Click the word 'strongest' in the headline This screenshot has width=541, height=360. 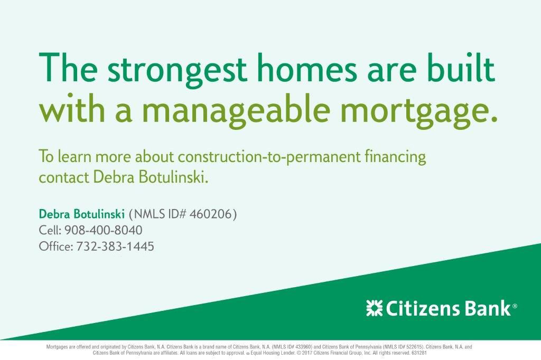tap(177, 71)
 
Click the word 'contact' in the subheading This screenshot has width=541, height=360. tap(64, 178)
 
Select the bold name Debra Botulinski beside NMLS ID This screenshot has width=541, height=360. tap(81, 214)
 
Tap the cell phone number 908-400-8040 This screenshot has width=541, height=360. tap(104, 230)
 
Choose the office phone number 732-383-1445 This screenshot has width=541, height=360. tap(115, 247)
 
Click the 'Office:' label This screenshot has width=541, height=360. tap(56, 247)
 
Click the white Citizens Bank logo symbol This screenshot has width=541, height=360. tap(375, 308)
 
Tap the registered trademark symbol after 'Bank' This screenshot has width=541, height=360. tap(515, 306)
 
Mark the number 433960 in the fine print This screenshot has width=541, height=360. tap(304, 347)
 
